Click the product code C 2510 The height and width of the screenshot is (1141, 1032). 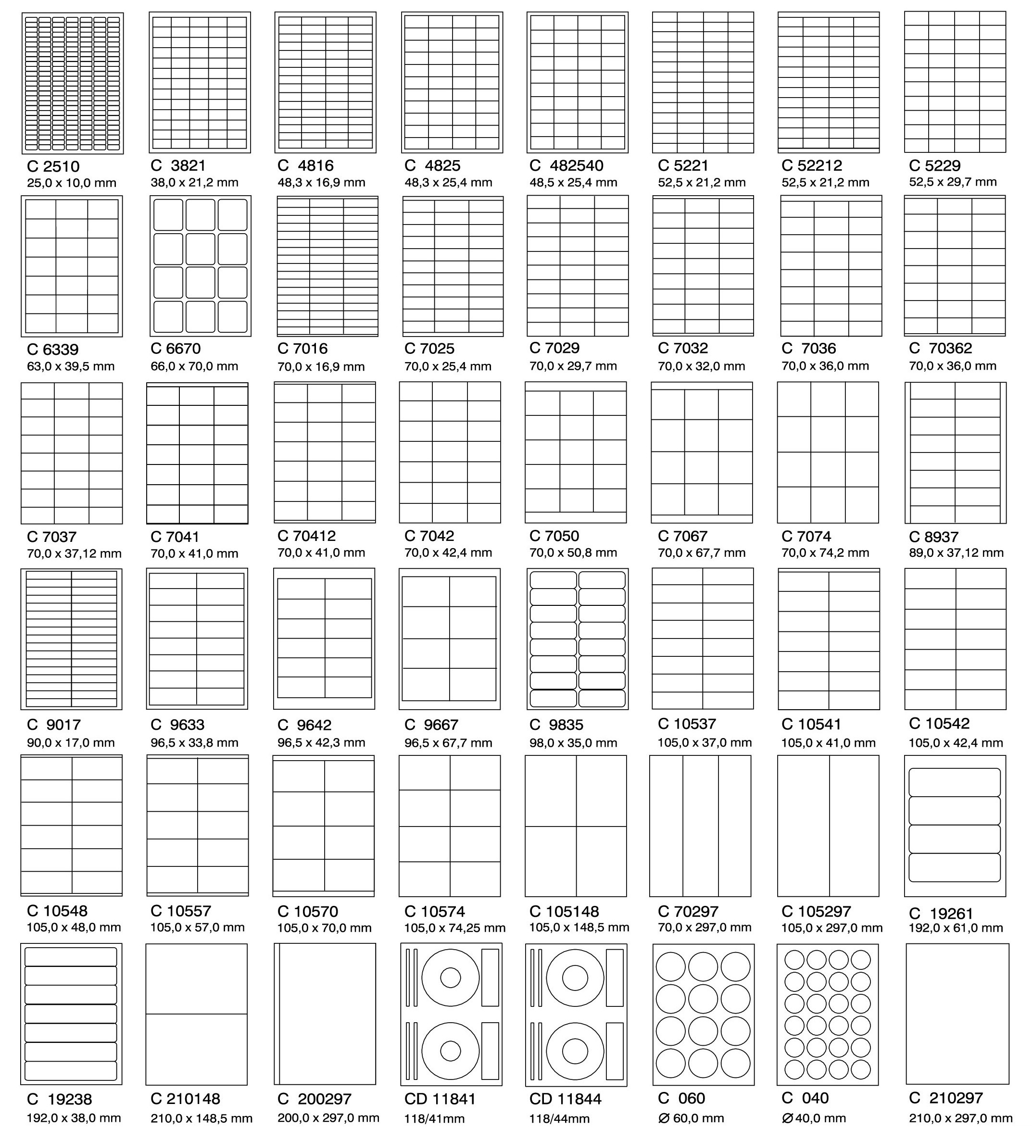(53, 166)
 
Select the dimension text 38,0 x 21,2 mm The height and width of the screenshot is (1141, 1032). (194, 183)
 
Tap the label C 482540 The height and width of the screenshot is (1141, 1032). (566, 166)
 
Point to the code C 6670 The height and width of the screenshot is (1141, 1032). (176, 349)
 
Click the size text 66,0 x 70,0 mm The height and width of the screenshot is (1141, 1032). (194, 366)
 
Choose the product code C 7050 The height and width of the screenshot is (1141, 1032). (554, 536)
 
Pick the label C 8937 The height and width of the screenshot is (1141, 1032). (933, 537)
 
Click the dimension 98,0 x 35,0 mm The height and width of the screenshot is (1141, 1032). (573, 742)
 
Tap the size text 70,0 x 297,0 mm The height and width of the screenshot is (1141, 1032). (704, 927)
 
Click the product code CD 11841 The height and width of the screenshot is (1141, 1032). (440, 1099)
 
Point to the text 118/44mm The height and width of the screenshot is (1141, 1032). (559, 1118)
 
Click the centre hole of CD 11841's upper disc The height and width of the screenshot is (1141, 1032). (451, 978)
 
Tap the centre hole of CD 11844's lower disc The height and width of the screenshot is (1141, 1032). (575, 1051)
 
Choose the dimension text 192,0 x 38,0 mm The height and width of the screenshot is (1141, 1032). (74, 1118)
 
